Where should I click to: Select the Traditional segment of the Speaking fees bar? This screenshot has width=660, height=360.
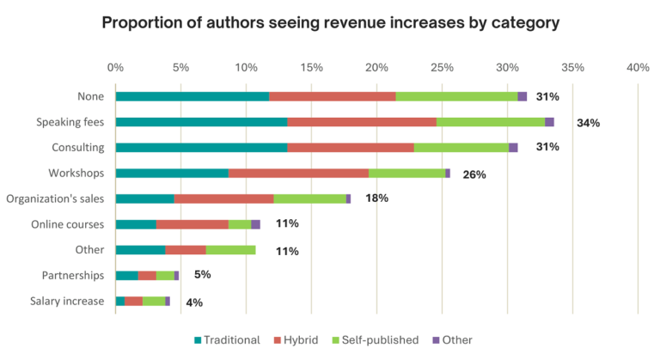coord(201,122)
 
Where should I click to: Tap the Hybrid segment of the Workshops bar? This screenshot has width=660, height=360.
coord(298,173)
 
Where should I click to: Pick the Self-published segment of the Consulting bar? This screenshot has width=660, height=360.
coord(461,148)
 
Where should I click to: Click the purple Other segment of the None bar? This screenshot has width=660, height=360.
coord(522,96)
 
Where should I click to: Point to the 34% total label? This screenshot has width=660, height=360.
coord(588,123)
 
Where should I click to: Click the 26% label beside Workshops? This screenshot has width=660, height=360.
coord(474,174)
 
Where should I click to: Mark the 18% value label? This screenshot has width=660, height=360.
coord(376,198)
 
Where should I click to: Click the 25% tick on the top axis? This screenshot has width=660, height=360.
coord(442,67)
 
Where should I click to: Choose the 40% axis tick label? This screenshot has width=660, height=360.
coord(638,67)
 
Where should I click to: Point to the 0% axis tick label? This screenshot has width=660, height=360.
coord(115,67)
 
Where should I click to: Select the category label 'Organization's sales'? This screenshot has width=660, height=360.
coord(55,198)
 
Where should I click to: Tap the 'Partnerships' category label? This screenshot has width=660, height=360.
coord(73,276)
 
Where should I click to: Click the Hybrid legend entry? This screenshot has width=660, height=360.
coord(300,339)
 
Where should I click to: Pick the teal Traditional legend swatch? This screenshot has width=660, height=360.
coord(199,339)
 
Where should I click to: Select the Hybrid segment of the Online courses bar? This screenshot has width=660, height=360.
coord(192,224)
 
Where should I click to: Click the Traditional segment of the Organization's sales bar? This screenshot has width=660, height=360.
coord(144,198)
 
